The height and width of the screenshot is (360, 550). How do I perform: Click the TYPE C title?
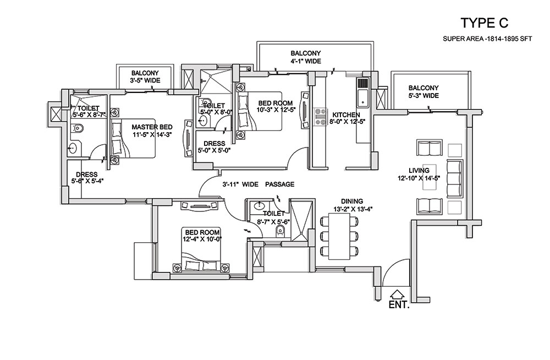[x=484, y=23]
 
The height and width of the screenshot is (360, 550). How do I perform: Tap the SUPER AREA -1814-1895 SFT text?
[x=487, y=39]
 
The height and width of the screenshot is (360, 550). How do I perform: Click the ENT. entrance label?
[x=399, y=304]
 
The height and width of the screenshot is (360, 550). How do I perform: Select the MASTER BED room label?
[x=152, y=127]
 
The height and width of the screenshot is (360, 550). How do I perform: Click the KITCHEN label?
[x=346, y=115]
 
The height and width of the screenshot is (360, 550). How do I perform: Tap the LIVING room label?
[x=419, y=171]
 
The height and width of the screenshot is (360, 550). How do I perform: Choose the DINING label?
[x=352, y=201]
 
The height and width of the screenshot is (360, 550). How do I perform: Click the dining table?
[x=339, y=236]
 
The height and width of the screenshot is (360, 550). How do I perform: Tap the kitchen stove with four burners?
[x=320, y=117]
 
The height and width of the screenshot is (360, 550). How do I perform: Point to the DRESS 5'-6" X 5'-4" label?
[x=87, y=178]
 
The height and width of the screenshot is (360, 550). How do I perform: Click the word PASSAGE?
[x=279, y=184]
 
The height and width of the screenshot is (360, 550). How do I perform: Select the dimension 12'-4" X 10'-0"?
[x=202, y=239]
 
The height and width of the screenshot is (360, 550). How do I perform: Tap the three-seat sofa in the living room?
[x=455, y=178]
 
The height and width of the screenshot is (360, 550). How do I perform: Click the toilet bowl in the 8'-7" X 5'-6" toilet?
[x=280, y=231]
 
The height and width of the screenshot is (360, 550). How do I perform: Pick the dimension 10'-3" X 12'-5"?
[x=276, y=110]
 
